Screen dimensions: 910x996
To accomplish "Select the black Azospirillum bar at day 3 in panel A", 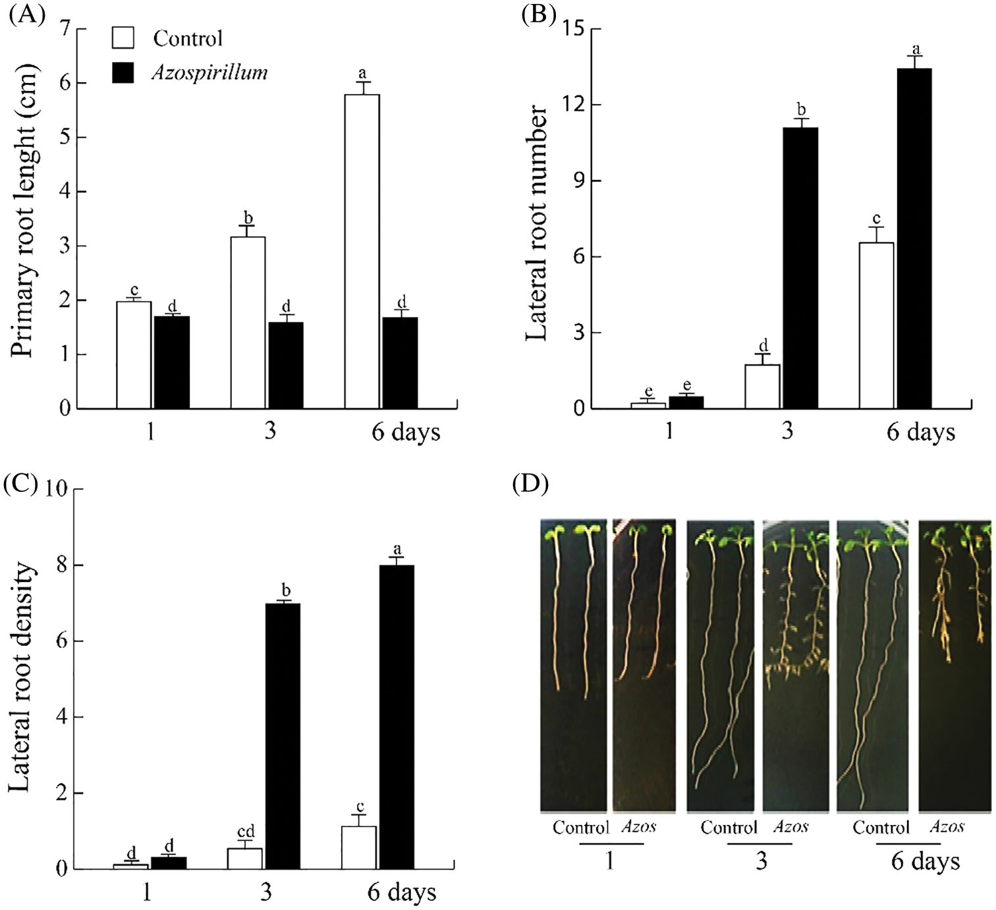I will pyautogui.click(x=286, y=365).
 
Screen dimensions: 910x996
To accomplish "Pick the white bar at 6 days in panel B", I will pyautogui.click(x=877, y=326).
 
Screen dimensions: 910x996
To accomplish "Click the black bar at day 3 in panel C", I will pyautogui.click(x=283, y=736).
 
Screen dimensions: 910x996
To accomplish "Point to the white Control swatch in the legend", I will pyautogui.click(x=123, y=38).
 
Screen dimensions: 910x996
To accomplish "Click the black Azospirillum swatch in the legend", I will pyautogui.click(x=123, y=72).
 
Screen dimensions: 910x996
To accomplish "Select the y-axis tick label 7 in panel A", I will pyautogui.click(x=65, y=28).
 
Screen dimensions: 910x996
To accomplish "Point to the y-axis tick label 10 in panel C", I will pyautogui.click(x=57, y=489).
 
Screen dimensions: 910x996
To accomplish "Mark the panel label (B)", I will pyautogui.click(x=538, y=13).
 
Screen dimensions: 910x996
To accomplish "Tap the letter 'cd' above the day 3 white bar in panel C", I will pyautogui.click(x=245, y=832).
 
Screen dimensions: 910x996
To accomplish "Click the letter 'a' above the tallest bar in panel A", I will pyautogui.click(x=362, y=73).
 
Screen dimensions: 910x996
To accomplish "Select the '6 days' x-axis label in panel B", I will pyautogui.click(x=920, y=432).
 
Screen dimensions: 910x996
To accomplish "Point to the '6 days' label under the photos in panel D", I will pyautogui.click(x=925, y=861).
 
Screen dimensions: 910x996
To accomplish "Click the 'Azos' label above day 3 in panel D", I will pyautogui.click(x=790, y=826).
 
